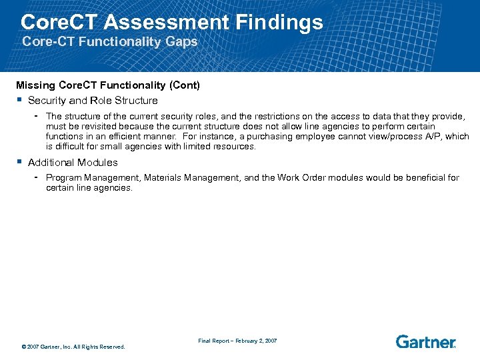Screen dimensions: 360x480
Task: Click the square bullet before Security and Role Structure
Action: (20, 101)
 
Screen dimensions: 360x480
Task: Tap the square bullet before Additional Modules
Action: (20, 163)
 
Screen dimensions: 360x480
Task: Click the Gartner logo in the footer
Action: (425, 342)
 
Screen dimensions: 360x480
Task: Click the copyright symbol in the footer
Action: (24, 347)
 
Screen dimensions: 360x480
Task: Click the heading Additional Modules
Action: (73, 163)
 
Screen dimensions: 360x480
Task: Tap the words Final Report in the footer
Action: (213, 341)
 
